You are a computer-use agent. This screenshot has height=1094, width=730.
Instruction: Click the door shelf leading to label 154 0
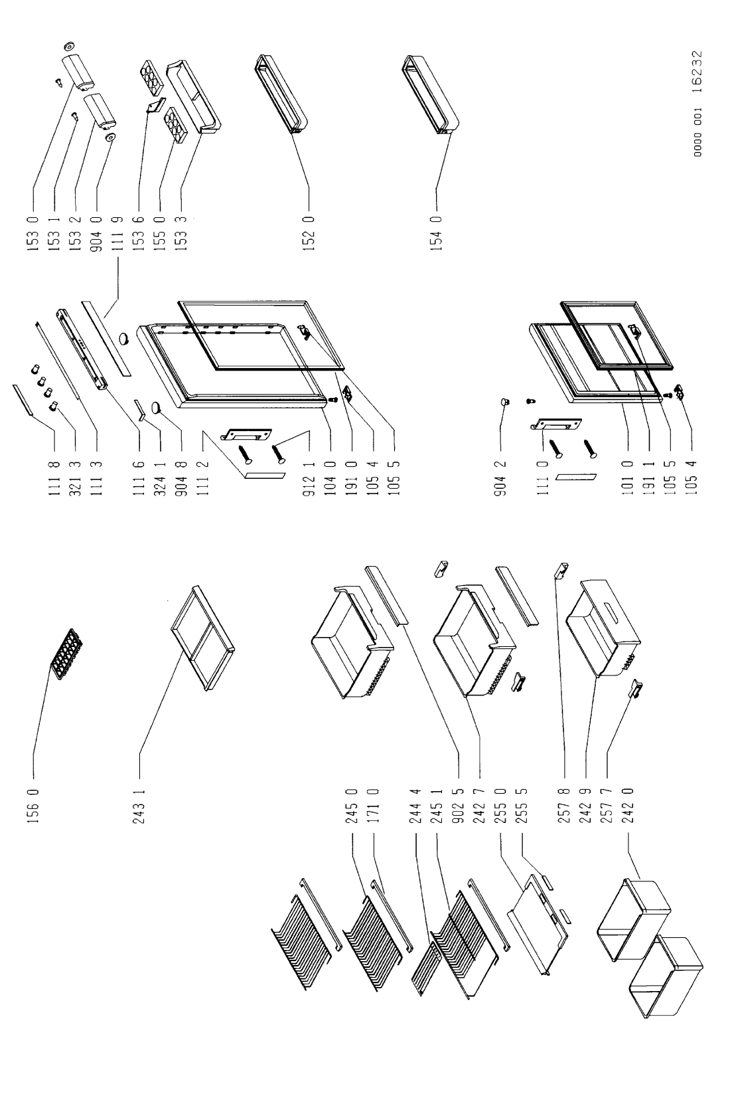tap(431, 93)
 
